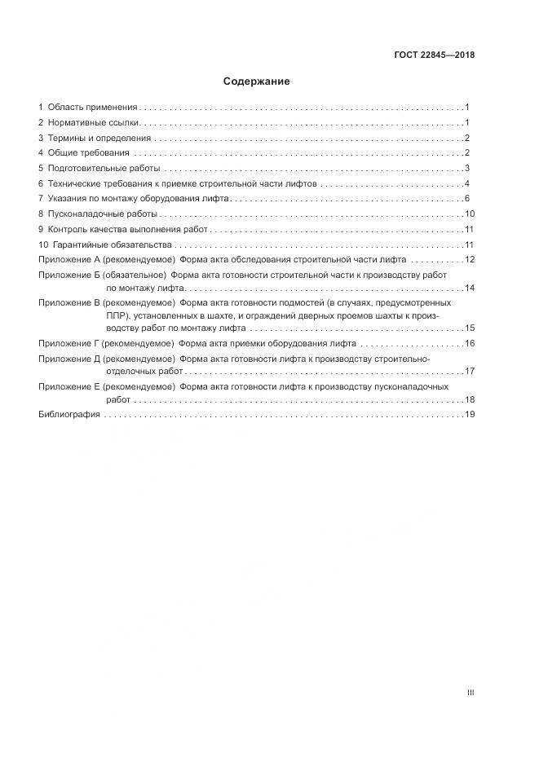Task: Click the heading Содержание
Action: click(x=256, y=81)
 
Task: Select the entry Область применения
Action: click(x=92, y=108)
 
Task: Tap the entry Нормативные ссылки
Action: click(x=94, y=123)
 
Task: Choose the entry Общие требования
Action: click(x=88, y=153)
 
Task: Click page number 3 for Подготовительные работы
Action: click(x=467, y=169)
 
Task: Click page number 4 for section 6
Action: click(x=467, y=184)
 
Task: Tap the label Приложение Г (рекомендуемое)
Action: click(x=106, y=344)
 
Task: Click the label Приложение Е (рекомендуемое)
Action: click(x=106, y=386)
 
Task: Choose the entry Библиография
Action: click(x=69, y=415)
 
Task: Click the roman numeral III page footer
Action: click(x=471, y=693)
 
